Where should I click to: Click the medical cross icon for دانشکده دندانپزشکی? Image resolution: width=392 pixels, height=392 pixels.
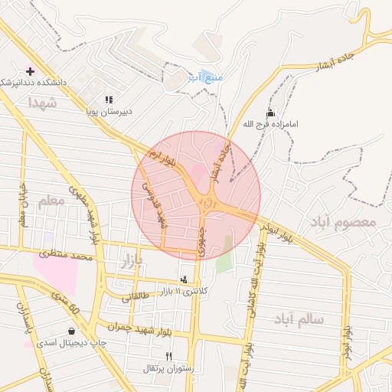click(30, 70)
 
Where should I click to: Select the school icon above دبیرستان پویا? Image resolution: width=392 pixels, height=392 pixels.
click(109, 100)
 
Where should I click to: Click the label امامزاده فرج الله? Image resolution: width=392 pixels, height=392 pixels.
click(269, 123)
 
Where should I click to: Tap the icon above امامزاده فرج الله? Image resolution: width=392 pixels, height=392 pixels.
click(269, 112)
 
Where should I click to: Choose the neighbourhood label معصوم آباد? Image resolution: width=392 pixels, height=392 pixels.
click(343, 223)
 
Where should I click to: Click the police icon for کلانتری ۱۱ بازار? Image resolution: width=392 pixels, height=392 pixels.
click(183, 280)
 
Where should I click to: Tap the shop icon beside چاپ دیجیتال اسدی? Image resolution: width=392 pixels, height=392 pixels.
click(71, 332)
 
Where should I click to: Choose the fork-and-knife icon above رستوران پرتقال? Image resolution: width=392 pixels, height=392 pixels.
click(168, 356)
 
